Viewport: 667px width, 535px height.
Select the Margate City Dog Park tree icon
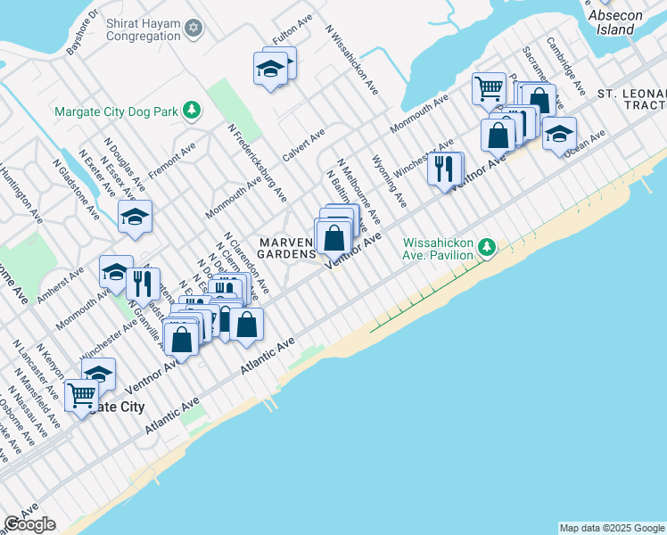[x=191, y=111]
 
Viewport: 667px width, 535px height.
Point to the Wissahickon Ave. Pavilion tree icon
[x=486, y=246]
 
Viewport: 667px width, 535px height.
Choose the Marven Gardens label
[x=287, y=248]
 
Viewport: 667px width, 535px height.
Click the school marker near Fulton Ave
[x=270, y=68]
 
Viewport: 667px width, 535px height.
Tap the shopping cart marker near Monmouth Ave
[x=489, y=88]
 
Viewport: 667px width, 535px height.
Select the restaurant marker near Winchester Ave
[x=443, y=167]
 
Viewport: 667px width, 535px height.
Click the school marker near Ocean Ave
[x=559, y=134]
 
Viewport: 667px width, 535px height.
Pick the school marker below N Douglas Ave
[x=135, y=217]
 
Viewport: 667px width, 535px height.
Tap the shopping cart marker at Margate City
[x=82, y=394]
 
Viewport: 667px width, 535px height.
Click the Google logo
[x=29, y=524]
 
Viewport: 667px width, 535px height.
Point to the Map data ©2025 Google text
[x=612, y=528]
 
